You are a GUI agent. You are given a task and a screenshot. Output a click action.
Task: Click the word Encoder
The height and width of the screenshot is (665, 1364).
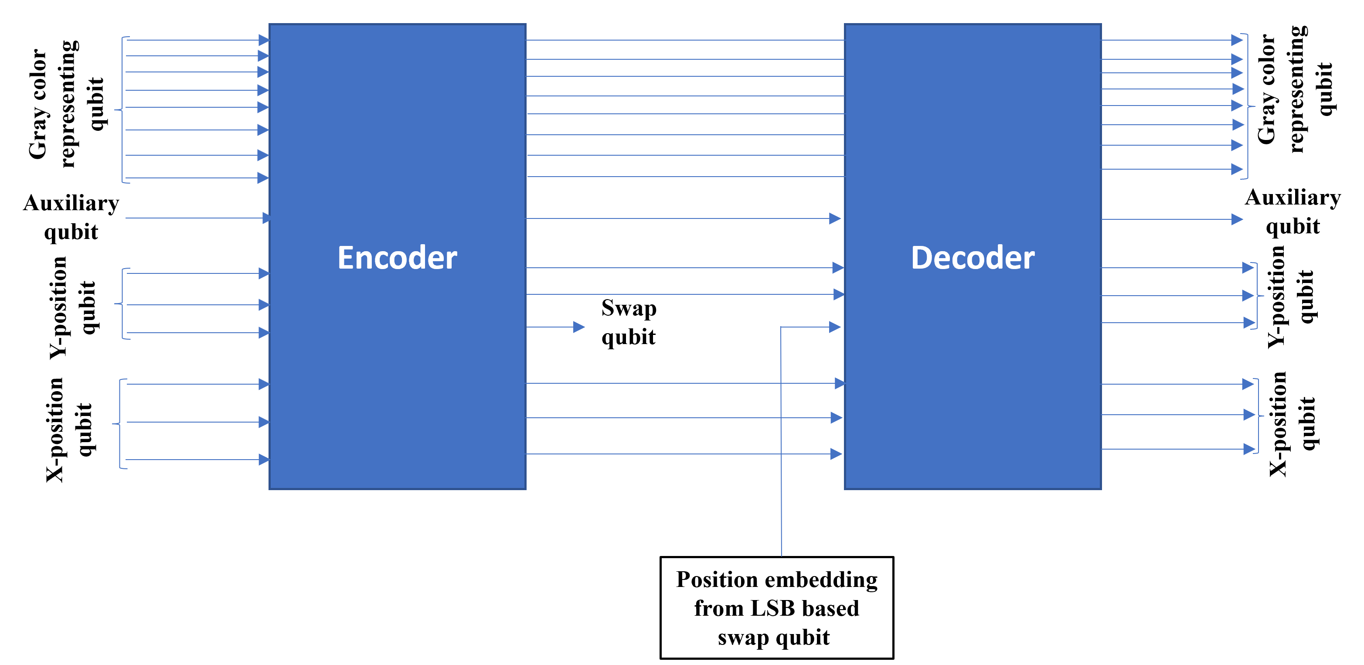[397, 258]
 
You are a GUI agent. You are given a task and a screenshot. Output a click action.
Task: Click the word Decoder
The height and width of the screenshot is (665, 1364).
[972, 258]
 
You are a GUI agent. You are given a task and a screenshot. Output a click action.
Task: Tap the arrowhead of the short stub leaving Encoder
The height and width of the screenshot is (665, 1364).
[579, 327]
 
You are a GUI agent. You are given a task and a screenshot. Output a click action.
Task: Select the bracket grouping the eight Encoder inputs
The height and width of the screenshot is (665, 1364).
[122, 110]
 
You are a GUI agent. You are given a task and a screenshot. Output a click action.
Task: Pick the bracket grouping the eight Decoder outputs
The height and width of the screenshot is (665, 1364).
[1248, 106]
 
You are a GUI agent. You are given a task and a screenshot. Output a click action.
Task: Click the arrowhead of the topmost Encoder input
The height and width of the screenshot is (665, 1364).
[263, 40]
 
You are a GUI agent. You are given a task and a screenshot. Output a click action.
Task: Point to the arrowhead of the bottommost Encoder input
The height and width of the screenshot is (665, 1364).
[264, 460]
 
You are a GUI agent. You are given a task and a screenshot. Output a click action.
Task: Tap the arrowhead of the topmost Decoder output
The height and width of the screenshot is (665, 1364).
[1237, 40]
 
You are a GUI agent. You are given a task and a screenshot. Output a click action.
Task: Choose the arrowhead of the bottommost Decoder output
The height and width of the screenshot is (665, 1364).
[1249, 449]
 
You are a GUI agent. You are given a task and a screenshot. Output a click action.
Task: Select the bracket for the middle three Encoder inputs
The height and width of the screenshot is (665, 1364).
[122, 304]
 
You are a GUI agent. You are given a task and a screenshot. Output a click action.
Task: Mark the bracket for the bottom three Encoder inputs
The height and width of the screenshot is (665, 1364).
[120, 424]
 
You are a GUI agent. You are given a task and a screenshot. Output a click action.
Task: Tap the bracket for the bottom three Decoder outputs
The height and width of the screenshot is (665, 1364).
[1258, 416]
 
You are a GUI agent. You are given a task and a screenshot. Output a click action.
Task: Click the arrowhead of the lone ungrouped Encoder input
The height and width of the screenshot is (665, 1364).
[266, 218]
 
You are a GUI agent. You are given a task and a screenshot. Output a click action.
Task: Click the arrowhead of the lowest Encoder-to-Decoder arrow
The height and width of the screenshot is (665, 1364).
[836, 454]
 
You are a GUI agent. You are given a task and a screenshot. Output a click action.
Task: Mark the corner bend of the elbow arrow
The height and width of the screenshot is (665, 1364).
[781, 327]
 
